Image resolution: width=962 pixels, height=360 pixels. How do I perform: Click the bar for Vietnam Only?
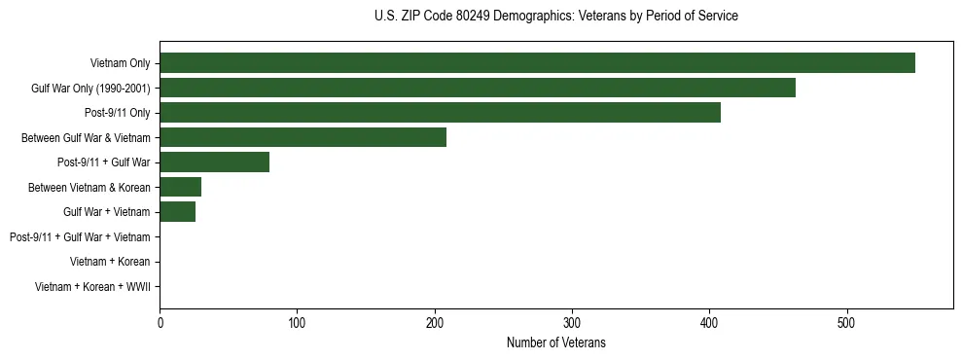[x=537, y=63]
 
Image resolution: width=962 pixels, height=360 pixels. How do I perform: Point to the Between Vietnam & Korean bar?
[x=180, y=187]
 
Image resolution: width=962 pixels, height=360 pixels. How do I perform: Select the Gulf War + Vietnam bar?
[x=177, y=212]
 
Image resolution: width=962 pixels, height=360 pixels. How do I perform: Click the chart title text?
[x=555, y=17]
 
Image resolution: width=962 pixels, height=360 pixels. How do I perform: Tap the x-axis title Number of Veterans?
[x=555, y=342]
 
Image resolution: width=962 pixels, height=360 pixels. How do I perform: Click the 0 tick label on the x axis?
[x=160, y=323]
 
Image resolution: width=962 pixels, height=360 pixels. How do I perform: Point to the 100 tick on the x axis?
[x=297, y=323]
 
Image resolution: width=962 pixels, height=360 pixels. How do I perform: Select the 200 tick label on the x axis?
[x=435, y=323]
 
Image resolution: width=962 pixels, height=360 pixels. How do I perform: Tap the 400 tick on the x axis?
[x=710, y=323]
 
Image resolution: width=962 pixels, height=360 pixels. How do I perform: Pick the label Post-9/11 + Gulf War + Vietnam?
[x=79, y=237]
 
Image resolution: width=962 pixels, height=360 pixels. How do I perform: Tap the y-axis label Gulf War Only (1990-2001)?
[x=90, y=89]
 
